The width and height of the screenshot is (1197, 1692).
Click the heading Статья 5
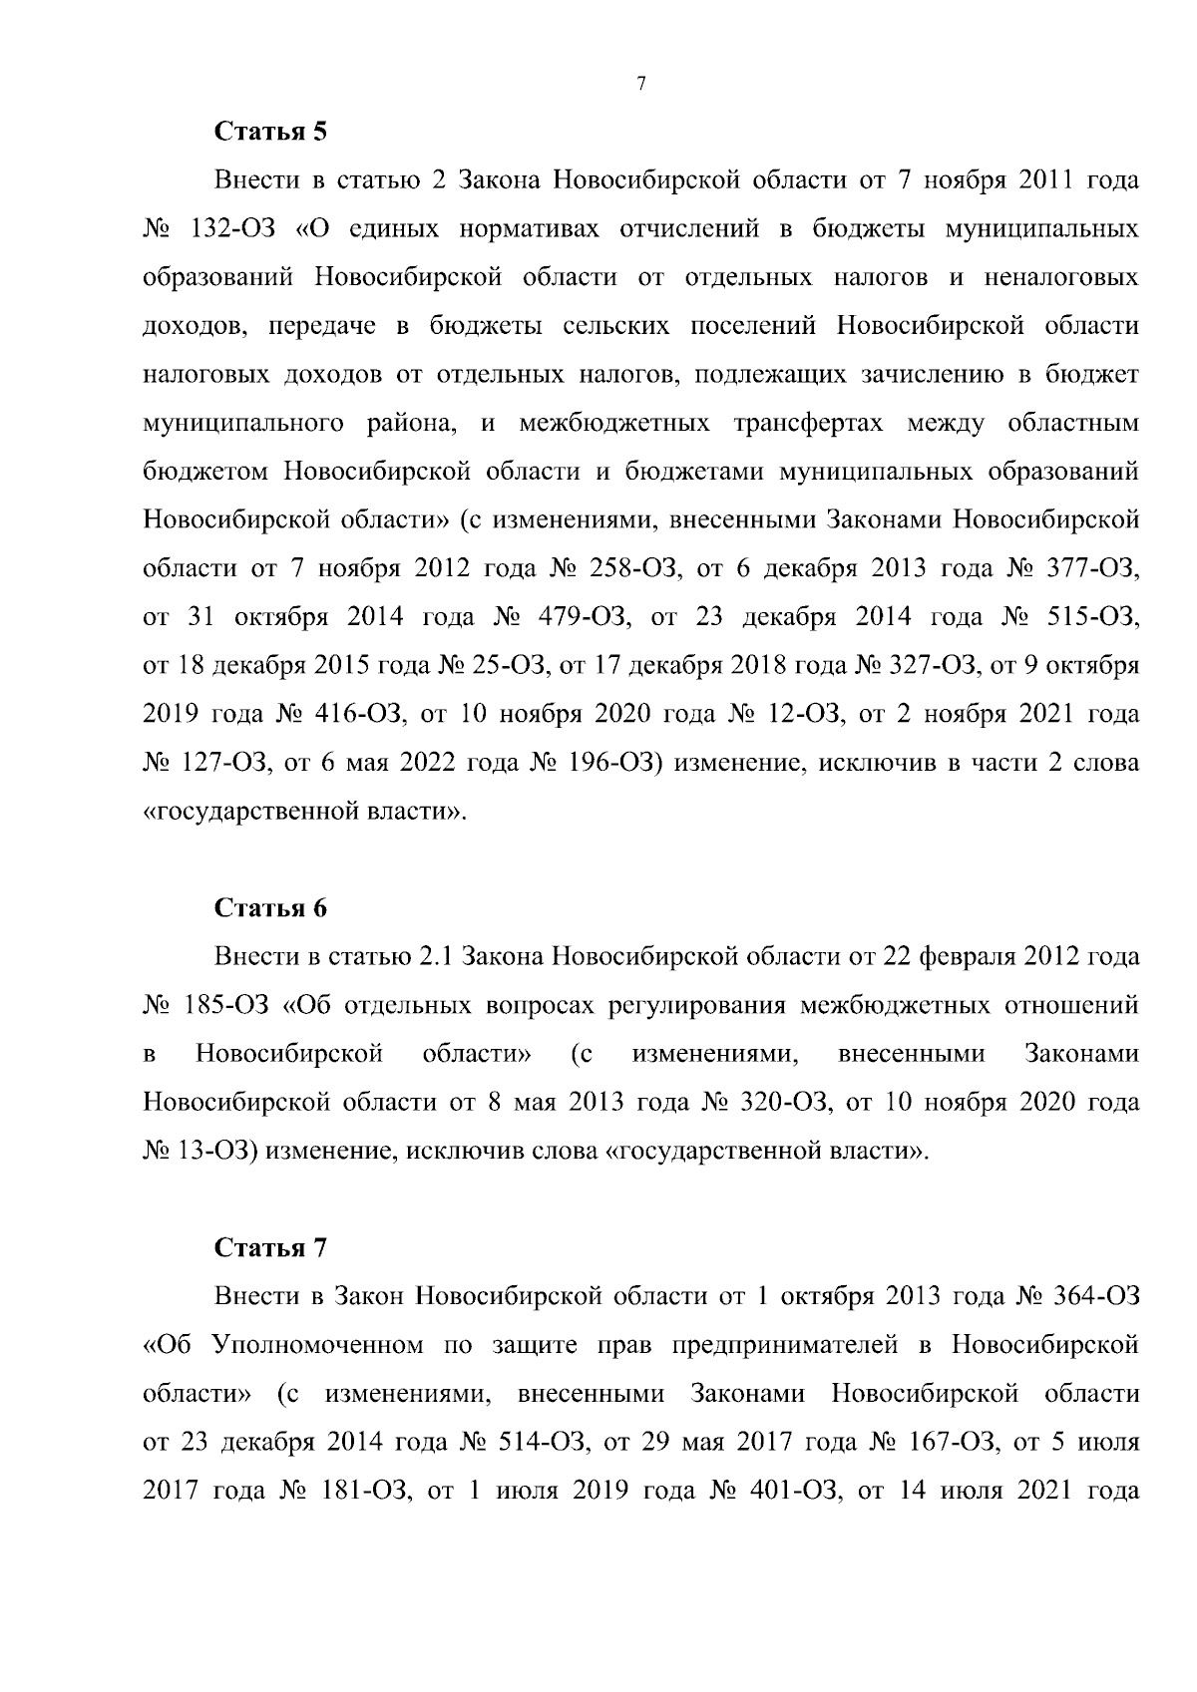(x=270, y=132)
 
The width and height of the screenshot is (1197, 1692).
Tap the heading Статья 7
(x=270, y=1247)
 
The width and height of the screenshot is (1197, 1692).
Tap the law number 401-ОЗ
(x=783, y=1491)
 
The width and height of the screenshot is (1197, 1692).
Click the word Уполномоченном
(x=317, y=1344)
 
